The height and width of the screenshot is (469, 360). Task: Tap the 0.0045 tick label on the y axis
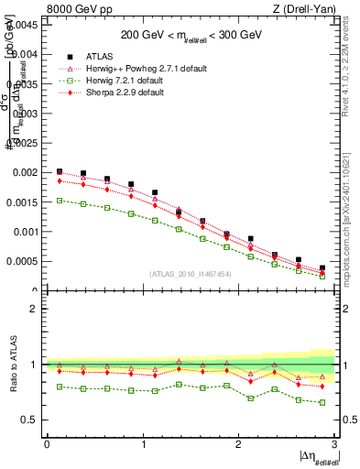point(21,25)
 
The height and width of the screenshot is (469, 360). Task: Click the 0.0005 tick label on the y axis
point(21,261)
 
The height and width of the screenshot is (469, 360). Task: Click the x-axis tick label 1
point(142,443)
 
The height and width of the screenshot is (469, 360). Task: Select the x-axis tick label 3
point(334,443)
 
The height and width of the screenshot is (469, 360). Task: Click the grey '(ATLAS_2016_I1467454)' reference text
point(191,274)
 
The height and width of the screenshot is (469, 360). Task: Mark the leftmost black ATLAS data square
point(60,171)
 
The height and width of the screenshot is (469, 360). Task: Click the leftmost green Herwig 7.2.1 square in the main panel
point(60,200)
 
